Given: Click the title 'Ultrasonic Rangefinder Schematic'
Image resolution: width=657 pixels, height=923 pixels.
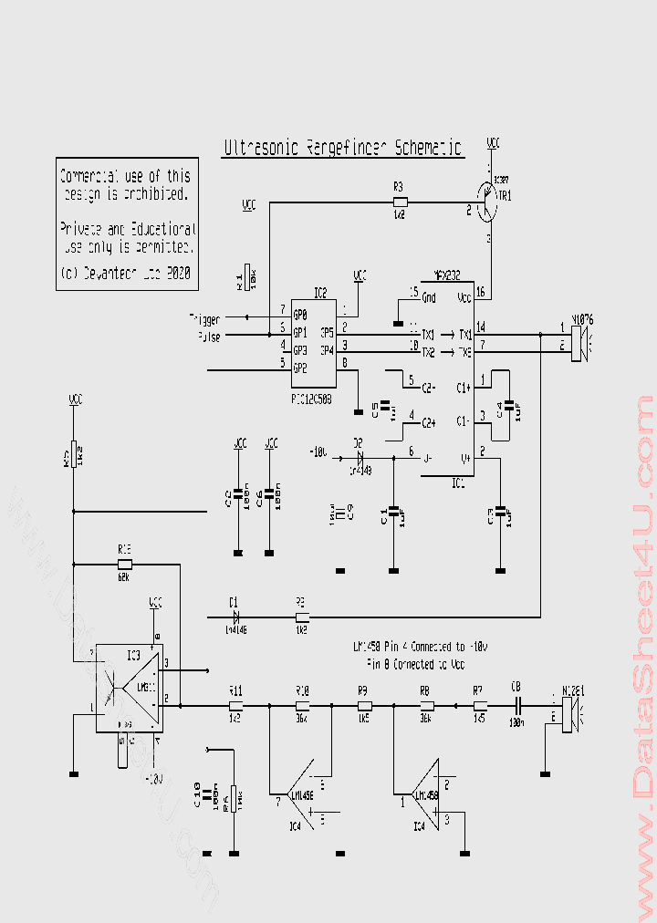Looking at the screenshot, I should coord(343,148).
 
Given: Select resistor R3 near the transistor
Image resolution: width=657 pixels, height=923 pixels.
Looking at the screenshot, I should coord(399,202).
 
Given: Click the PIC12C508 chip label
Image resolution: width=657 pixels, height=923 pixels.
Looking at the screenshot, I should coord(310,399).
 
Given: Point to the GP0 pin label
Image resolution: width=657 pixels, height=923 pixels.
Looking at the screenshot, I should coord(299,315).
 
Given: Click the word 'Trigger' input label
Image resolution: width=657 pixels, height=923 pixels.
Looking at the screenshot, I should coord(204,319).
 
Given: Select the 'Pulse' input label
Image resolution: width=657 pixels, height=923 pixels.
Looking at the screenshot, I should coord(208,337).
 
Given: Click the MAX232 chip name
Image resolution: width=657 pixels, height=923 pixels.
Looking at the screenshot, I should coord(446,273).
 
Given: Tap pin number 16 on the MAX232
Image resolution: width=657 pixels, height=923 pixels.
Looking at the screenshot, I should coord(481,293).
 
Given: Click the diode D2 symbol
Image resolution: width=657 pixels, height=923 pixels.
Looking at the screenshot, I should coord(359,454).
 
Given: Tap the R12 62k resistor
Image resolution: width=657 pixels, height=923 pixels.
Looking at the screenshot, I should coord(125,565).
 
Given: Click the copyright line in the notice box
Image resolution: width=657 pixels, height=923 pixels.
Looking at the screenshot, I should coord(125,272).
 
